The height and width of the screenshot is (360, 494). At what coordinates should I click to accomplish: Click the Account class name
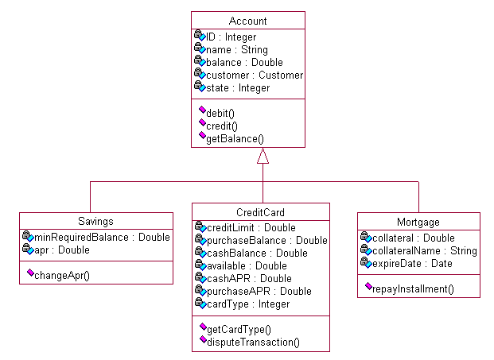[x=248, y=21]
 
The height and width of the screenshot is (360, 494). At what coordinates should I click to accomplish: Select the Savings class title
[x=95, y=223]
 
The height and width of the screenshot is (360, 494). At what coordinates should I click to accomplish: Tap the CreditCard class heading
[x=261, y=213]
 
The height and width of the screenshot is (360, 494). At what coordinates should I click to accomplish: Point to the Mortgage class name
[x=418, y=223]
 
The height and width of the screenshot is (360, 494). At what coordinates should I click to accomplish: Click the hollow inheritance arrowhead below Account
[x=263, y=156]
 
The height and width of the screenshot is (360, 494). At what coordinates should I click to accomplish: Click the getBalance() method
[x=235, y=138]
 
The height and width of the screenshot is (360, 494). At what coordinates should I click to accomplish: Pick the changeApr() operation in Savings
[x=62, y=276]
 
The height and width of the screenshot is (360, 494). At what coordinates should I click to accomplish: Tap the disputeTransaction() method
[x=252, y=342]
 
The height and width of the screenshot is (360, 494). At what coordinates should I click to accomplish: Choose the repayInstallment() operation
[x=413, y=288]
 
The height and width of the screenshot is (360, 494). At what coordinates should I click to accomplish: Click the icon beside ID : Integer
[x=200, y=37]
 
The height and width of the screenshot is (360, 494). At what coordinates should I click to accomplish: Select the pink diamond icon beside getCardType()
[x=202, y=327]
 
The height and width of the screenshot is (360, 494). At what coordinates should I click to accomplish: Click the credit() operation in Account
[x=222, y=126]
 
